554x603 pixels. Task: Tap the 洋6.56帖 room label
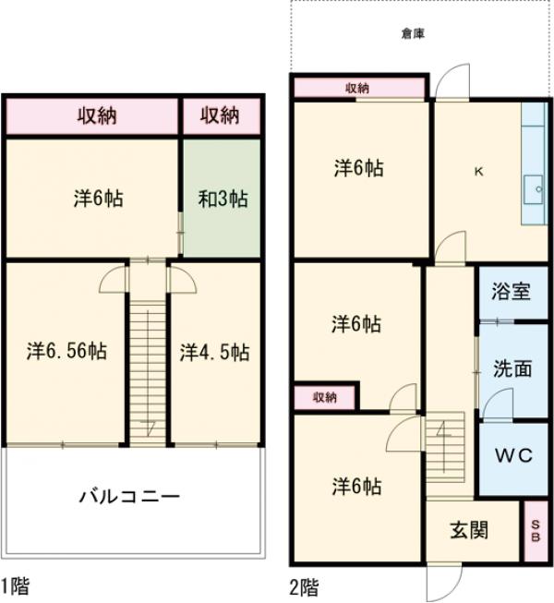65,351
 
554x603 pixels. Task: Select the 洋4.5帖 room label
213,351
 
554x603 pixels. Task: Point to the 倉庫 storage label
413,34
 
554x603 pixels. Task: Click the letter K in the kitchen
478,171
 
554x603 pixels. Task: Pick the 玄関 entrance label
469,530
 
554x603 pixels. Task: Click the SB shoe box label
536,531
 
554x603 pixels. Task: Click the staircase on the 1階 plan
146,369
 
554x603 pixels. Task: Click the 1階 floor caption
16,585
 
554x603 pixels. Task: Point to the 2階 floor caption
304,585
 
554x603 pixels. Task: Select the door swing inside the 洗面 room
498,403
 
